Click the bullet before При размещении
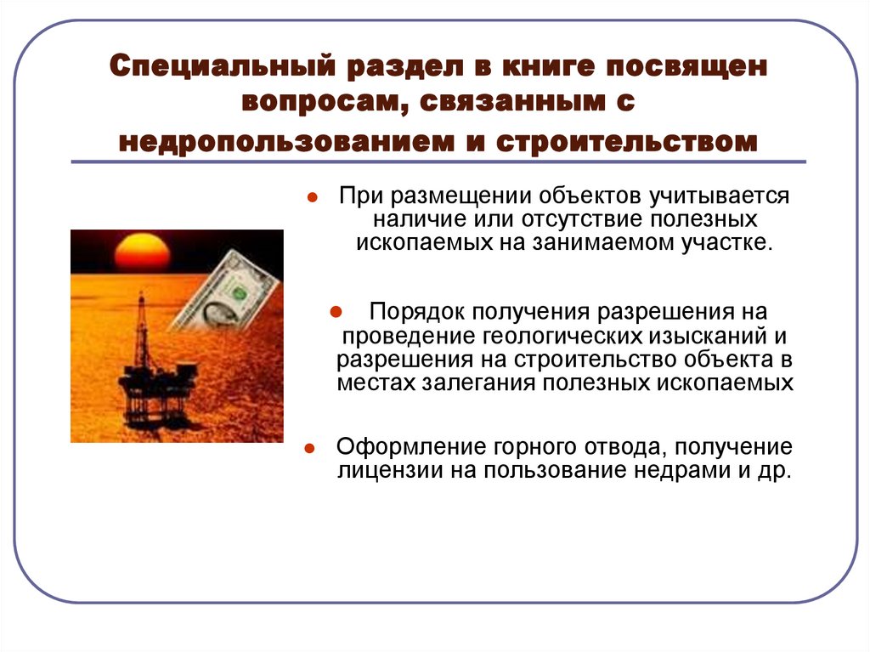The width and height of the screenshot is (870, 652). pyautogui.click(x=312, y=198)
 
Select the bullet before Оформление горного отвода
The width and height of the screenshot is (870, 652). pyautogui.click(x=312, y=447)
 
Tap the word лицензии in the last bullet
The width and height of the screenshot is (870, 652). pyautogui.click(x=378, y=470)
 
